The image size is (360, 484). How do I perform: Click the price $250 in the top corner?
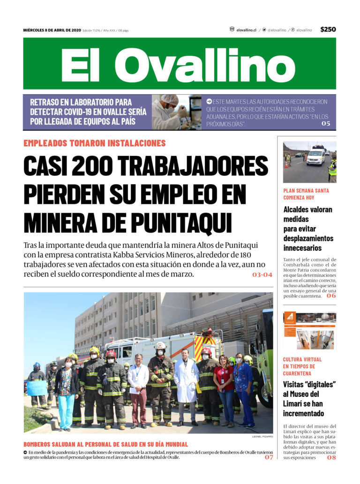point(328,30)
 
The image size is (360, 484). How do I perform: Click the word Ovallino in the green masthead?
point(211,64)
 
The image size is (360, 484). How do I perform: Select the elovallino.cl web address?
point(246,30)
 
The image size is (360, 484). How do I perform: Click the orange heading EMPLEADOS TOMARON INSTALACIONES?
point(94,143)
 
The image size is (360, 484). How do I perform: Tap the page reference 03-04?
point(262,275)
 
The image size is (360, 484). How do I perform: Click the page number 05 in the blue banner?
point(326,124)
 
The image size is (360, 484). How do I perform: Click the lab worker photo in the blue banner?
point(176,112)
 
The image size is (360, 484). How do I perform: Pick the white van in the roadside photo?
point(315,157)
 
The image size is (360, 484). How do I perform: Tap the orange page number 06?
point(331,296)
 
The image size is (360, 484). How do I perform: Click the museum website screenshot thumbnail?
point(309,330)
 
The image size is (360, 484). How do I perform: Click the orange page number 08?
point(331,457)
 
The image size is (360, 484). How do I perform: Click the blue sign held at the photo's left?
point(37,387)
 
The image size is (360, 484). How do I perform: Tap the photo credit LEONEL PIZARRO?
point(262,436)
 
